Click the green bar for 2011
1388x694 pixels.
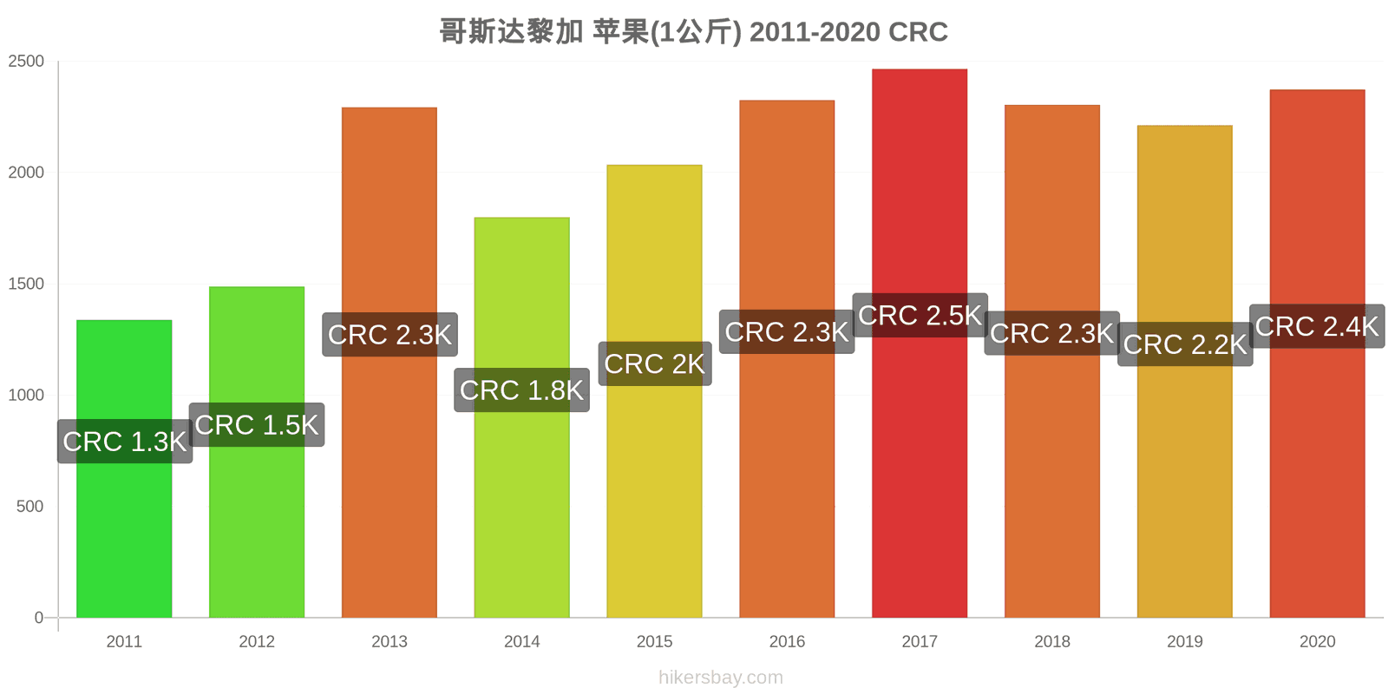click(x=124, y=468)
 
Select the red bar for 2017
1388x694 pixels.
click(x=920, y=344)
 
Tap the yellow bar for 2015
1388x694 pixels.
click(x=654, y=391)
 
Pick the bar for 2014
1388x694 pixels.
click(x=521, y=417)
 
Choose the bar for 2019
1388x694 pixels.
click(x=1185, y=371)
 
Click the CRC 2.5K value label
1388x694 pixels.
click(x=920, y=316)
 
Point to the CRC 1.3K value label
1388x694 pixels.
click(x=125, y=442)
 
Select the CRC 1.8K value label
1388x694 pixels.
click(x=521, y=390)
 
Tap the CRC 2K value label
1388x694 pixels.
click(x=655, y=363)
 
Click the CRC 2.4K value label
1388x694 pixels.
click(x=1318, y=326)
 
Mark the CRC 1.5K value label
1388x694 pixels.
click(x=257, y=425)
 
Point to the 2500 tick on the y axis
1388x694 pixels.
click(x=26, y=62)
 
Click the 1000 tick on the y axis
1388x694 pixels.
click(x=26, y=396)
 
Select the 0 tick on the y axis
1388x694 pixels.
click(x=38, y=618)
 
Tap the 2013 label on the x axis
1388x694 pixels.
click(x=390, y=641)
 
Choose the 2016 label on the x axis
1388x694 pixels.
click(x=787, y=641)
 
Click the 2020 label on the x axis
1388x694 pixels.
click(x=1318, y=641)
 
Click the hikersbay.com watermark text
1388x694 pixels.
click(x=721, y=678)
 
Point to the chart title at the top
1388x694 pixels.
click(x=694, y=31)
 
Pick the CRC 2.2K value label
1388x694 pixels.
click(x=1185, y=344)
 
